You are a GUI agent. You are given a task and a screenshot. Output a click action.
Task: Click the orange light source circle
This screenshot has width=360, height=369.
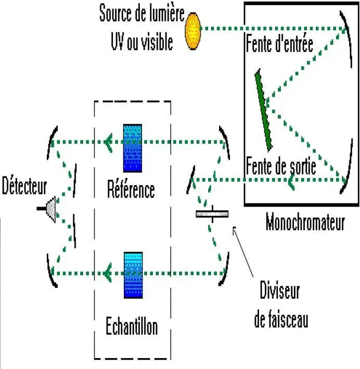coord(193,31)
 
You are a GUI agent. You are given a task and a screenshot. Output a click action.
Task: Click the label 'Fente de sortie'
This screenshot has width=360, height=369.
coord(280,168)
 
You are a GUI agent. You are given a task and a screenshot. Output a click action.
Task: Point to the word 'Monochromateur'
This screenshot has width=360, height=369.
coord(305,223)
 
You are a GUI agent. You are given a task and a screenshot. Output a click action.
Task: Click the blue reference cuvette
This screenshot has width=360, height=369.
coord(132,148)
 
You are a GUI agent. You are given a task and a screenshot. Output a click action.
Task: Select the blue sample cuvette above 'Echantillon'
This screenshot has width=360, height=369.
coord(133,275)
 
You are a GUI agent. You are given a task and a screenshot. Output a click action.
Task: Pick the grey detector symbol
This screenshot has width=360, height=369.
coord(50,208)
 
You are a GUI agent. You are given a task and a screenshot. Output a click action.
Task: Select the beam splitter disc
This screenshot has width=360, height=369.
coord(212,214)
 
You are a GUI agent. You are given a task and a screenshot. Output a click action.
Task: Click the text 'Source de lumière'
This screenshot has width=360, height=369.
coord(142,14)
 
